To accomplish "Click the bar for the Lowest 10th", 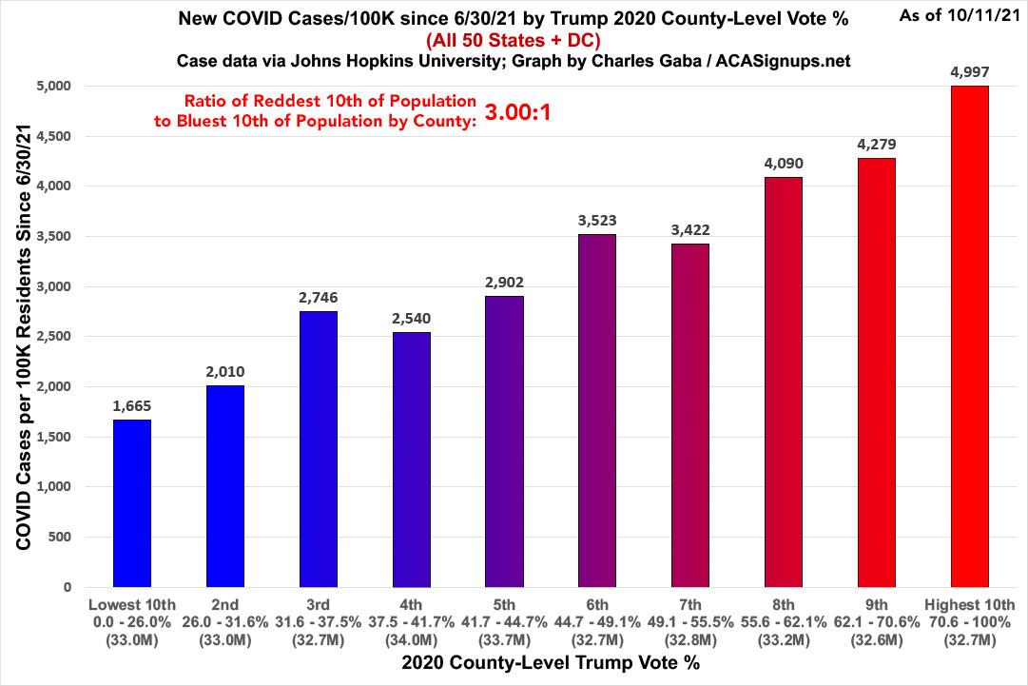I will (131, 503).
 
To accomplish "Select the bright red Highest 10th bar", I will (969, 337).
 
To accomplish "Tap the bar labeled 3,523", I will (597, 410).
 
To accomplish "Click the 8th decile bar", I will (784, 382).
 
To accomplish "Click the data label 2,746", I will (319, 297).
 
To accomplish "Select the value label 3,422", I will (690, 229).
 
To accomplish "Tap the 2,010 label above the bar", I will (225, 371).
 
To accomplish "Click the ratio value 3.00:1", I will (518, 112).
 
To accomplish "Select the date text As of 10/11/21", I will (960, 15).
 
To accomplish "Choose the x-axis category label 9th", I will (876, 604).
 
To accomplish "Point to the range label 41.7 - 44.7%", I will (504, 621).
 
